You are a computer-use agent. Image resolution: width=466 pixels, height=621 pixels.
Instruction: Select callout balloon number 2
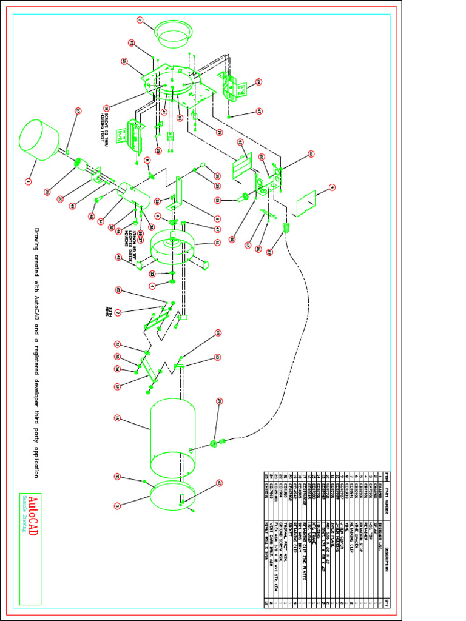click(140, 20)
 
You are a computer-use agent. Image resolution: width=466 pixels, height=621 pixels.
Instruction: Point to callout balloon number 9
click(332, 187)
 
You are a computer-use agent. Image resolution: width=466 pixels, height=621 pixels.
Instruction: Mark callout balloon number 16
click(116, 418)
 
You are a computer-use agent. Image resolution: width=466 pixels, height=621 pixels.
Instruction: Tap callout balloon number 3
click(116, 505)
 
